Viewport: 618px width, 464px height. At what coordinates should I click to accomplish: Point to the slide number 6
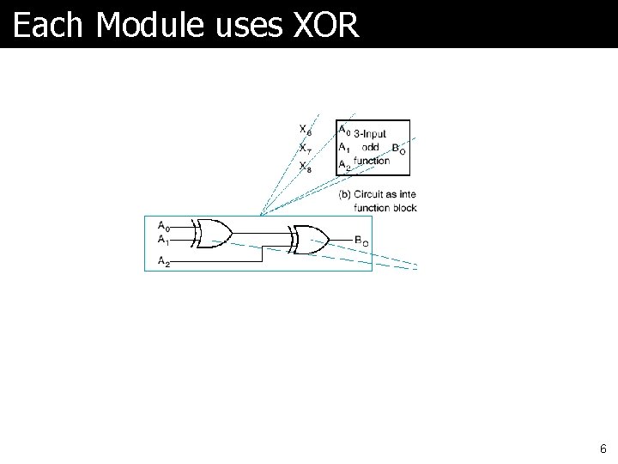[603, 449]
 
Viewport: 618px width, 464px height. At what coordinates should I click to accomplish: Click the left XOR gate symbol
[213, 233]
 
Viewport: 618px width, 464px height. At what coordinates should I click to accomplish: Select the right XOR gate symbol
[309, 241]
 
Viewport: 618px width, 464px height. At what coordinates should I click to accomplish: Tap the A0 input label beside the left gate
[163, 226]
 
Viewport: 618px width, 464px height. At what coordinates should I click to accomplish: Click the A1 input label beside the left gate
[163, 239]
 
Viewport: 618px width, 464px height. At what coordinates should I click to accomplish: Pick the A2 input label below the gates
[163, 260]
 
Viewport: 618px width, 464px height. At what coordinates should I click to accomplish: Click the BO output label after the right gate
[361, 241]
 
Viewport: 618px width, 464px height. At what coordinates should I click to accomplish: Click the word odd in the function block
[371, 147]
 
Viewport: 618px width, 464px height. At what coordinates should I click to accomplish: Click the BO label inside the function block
[398, 149]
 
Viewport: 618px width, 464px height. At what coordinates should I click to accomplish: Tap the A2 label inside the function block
[343, 163]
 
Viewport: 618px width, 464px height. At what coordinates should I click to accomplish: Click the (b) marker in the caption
[344, 194]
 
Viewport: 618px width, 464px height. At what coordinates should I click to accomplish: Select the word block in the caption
[403, 208]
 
